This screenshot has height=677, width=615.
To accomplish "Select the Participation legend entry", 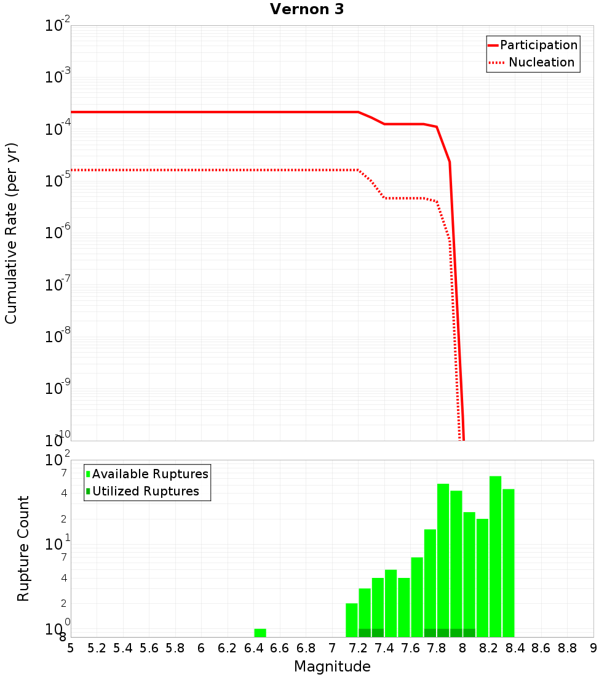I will pos(538,45).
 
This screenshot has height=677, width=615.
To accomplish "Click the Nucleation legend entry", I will pos(541,62).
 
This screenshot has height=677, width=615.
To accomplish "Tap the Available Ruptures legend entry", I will pos(150,474).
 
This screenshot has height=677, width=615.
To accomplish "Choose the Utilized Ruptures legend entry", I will pos(145,491).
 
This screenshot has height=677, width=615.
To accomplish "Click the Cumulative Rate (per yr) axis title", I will pos(11,233).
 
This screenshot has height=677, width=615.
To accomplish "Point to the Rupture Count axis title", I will pos(23,548).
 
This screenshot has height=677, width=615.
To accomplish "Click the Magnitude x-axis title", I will pos(332,667).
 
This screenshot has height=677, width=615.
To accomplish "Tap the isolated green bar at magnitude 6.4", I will pos(260,633).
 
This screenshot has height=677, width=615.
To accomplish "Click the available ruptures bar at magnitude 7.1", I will pos(352,620).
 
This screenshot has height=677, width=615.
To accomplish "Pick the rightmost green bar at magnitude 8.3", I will pos(509,563).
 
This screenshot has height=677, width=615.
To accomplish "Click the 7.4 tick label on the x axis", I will pos(384,648).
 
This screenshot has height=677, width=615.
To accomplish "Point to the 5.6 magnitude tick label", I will pos(149,648).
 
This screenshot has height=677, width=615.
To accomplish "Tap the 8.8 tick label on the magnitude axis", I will pos(567,648).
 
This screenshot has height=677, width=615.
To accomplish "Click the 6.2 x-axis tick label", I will pos(228,648).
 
